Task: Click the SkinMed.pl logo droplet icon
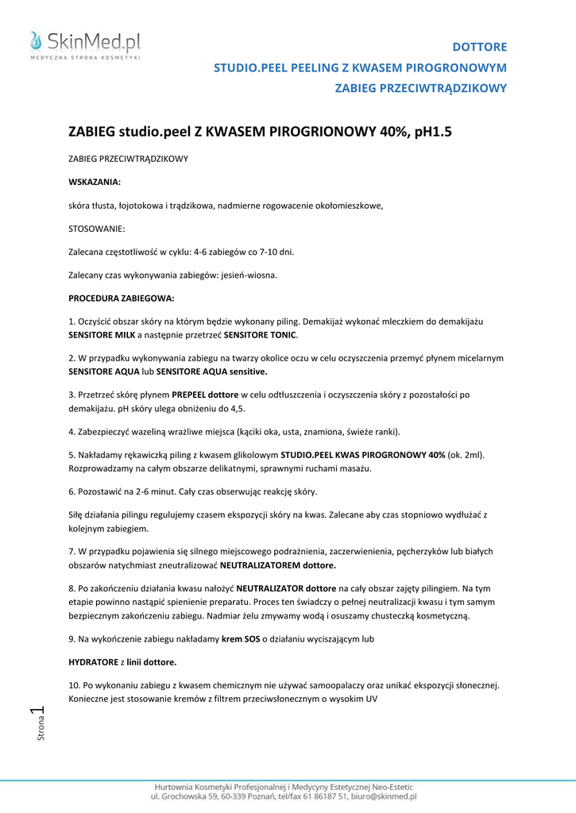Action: pyautogui.click(x=35, y=40)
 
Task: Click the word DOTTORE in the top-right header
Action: pyautogui.click(x=479, y=47)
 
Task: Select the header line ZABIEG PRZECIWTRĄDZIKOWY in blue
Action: pyautogui.click(x=421, y=88)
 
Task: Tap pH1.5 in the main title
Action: pyautogui.click(x=429, y=132)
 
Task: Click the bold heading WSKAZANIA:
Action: pyautogui.click(x=95, y=182)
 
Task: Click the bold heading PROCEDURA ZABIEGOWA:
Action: pyautogui.click(x=122, y=299)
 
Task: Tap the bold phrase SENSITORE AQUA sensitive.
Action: pyautogui.click(x=212, y=371)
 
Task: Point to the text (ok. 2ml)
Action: pyautogui.click(x=466, y=456)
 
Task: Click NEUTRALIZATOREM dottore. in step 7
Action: pyautogui.click(x=278, y=565)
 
